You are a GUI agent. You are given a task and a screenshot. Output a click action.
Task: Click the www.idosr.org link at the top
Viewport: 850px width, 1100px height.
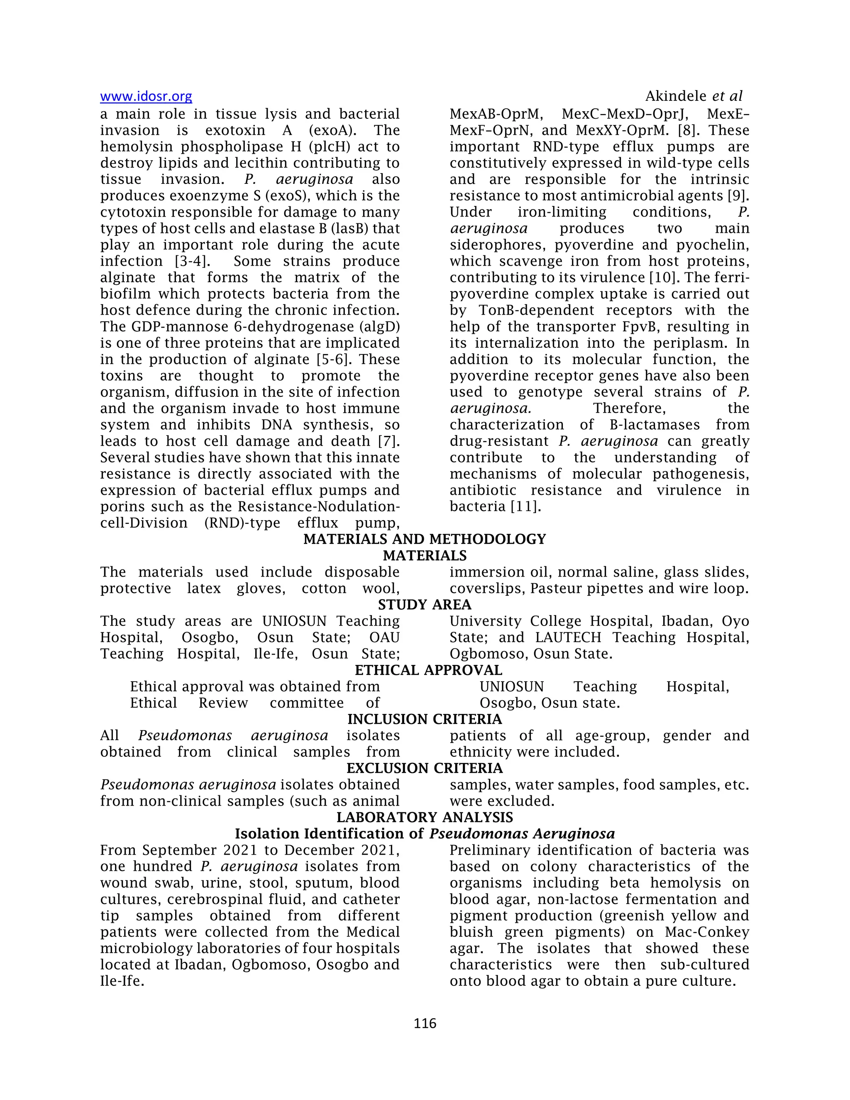click(146, 96)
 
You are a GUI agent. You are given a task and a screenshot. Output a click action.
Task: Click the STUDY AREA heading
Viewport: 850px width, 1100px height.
click(425, 604)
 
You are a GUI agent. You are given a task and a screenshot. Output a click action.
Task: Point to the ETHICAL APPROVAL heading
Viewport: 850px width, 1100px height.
click(428, 670)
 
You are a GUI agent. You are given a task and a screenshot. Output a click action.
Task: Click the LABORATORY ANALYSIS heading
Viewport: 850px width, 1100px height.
click(425, 817)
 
